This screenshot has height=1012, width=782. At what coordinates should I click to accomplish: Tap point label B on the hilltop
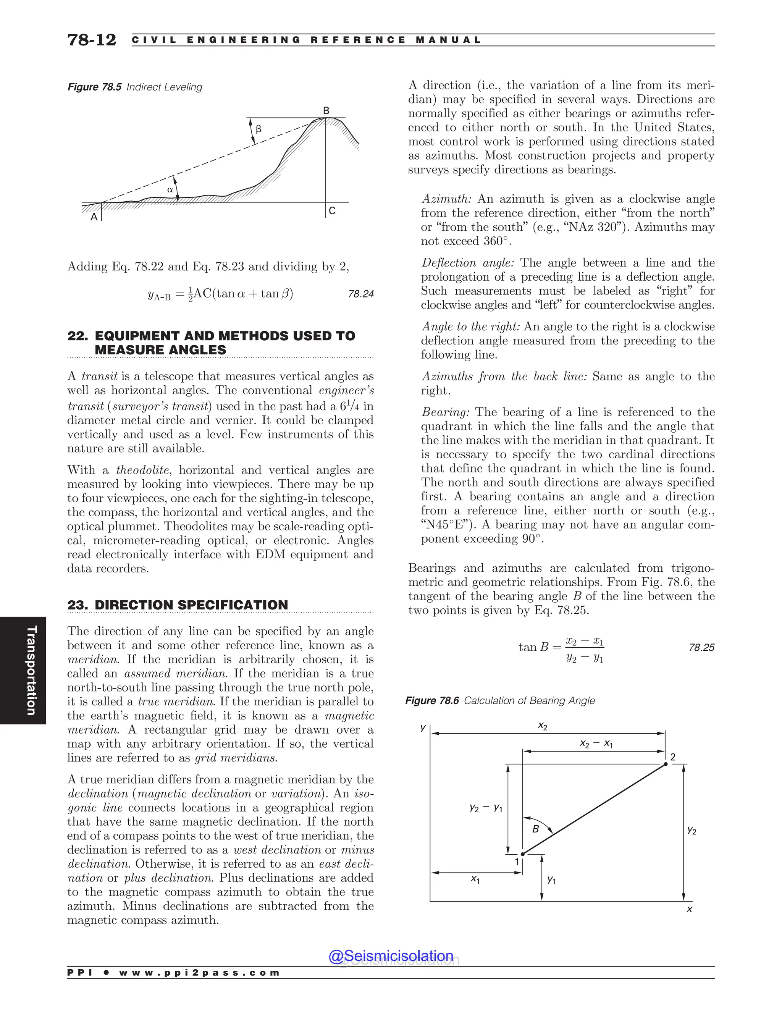pos(326,111)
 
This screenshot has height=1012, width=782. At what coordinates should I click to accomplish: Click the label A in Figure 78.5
pos(94,217)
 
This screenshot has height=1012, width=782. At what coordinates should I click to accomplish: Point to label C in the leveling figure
pos(332,211)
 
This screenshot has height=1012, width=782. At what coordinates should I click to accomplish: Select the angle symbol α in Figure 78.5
pos(170,189)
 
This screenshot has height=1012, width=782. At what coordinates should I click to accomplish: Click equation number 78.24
pos(360,294)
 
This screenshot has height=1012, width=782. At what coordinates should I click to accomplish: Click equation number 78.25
pos(701,647)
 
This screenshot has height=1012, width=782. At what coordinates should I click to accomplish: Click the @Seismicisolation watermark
pos(391,956)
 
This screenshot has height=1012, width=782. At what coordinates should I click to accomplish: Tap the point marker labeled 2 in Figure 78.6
pos(666,764)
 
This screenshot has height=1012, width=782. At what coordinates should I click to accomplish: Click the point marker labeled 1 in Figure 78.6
pos(523,854)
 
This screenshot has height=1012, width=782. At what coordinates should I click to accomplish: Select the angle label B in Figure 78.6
pos(536,829)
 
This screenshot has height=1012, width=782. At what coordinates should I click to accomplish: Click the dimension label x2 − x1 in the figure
pos(596,744)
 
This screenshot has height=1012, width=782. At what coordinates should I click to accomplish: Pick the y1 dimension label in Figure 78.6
pos(551,879)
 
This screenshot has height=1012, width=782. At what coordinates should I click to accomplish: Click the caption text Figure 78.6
pos(432,701)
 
